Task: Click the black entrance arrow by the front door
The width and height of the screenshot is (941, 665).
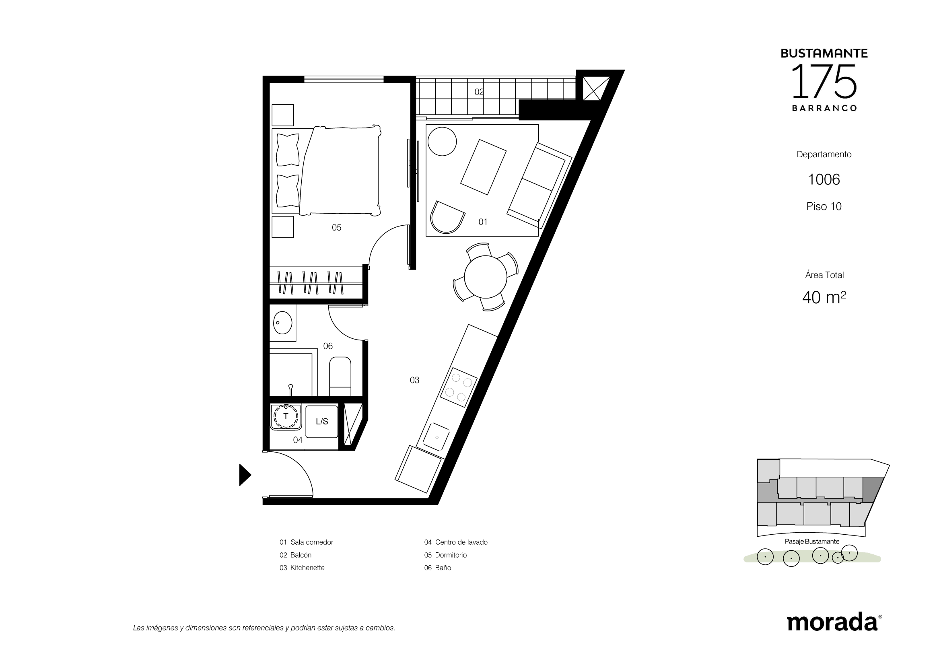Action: (245, 475)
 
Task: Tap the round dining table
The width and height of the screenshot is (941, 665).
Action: (485, 276)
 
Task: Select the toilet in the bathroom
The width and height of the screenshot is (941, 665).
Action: (340, 376)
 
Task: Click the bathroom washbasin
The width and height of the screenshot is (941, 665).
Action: (282, 323)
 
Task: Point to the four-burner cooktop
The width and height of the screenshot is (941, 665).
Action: (459, 387)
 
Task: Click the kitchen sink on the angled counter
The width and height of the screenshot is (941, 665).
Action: (436, 437)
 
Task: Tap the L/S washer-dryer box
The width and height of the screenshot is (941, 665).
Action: (322, 422)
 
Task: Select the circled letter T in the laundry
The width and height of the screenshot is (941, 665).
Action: (286, 416)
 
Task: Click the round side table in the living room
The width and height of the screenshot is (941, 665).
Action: (442, 141)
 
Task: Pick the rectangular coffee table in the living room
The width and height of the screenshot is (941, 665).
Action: (483, 167)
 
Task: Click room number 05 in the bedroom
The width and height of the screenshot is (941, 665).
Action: (336, 228)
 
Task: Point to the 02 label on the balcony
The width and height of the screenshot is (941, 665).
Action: (479, 92)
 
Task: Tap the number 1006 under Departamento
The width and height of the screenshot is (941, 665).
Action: (824, 179)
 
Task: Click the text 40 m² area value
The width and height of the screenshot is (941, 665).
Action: (824, 297)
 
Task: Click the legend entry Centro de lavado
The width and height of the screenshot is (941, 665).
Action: (461, 542)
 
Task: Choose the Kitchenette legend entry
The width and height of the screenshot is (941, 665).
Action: (307, 568)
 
